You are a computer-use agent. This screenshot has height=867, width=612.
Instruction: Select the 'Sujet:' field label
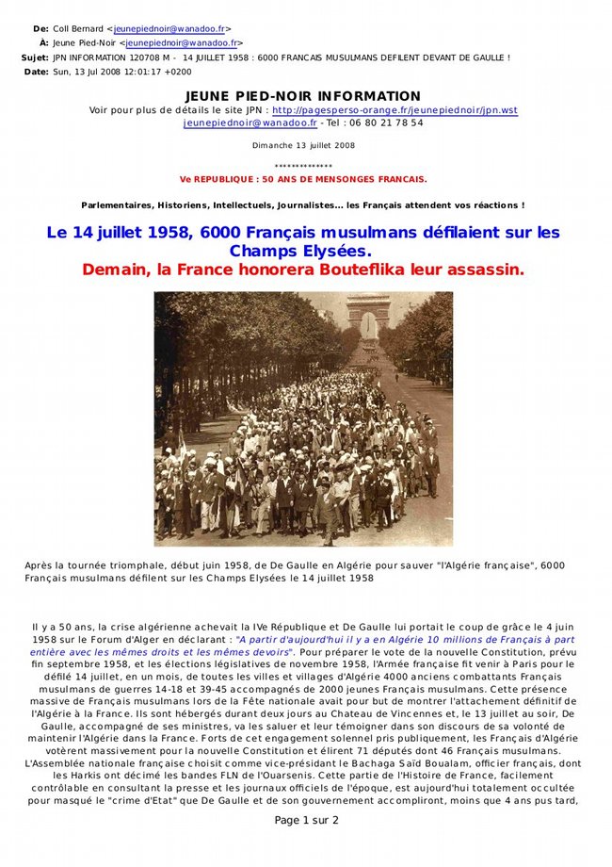pos(34,57)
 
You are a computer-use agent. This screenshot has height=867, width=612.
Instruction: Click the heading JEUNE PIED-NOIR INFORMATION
pos(303,96)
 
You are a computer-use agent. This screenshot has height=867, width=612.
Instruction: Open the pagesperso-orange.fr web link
pos(395,110)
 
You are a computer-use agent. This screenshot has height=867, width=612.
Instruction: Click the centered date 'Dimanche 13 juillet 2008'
pos(303,145)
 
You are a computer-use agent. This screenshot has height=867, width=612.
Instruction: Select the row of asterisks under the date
pos(302,165)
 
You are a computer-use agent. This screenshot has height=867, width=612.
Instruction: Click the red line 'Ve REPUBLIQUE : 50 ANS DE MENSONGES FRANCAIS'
pos(302,178)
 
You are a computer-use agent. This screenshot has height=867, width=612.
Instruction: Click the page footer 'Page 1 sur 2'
pos(306,820)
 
